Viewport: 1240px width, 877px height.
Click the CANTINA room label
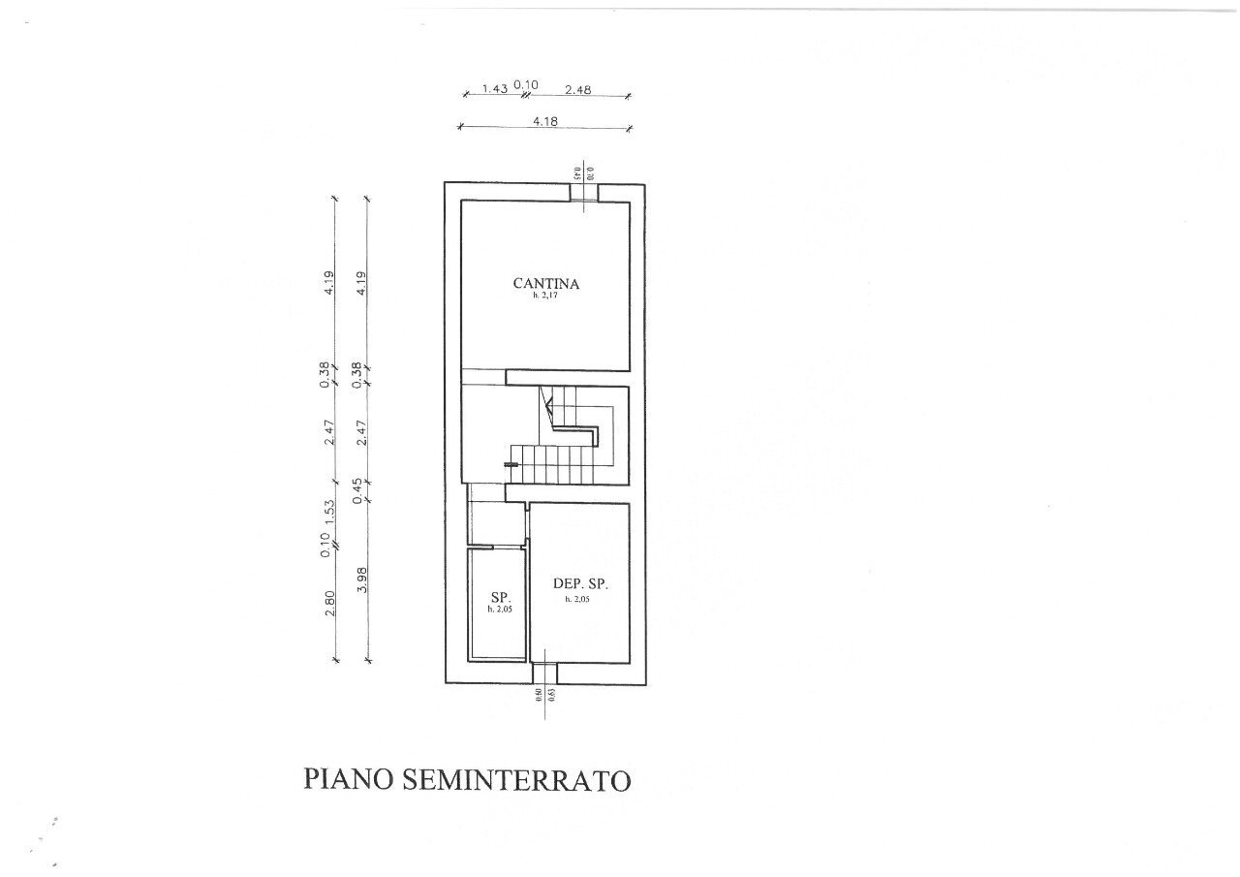pos(545,284)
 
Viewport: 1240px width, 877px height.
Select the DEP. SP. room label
pos(580,584)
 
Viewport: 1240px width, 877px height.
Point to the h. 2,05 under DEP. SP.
pos(578,600)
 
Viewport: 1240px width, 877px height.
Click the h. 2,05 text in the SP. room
pos(499,610)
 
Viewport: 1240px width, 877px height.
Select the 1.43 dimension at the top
pos(495,89)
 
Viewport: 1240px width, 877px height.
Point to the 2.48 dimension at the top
pos(577,89)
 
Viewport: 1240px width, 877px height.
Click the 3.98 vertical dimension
pos(360,584)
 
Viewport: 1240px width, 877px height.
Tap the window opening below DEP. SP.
pos(545,673)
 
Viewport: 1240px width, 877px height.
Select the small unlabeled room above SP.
pos(497,524)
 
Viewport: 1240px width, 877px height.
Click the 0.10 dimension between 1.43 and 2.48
pos(524,85)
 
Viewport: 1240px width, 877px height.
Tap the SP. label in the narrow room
pos(500,597)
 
